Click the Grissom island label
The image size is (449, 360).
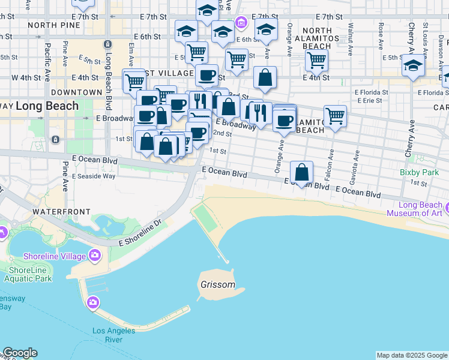(218, 284)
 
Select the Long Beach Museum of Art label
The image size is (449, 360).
(414, 209)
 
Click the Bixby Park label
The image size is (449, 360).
(419, 172)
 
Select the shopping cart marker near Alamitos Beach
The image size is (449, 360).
(335, 116)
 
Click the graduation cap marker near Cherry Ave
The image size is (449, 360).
(413, 65)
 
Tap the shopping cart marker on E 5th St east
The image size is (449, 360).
(316, 59)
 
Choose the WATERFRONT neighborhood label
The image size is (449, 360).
(61, 212)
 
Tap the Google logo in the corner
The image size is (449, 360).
(19, 353)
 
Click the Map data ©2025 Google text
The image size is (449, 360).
(411, 355)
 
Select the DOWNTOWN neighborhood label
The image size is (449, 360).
(77, 92)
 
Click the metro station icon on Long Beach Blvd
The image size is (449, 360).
(107, 44)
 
